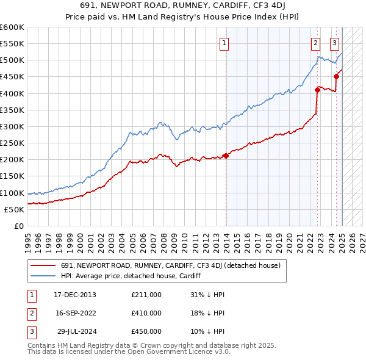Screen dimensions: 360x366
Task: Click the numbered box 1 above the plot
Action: (224, 43)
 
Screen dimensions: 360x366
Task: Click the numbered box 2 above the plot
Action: (315, 43)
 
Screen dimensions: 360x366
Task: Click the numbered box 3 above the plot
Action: (335, 43)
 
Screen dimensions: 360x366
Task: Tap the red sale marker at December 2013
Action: (226, 156)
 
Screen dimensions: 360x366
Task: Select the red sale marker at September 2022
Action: (317, 90)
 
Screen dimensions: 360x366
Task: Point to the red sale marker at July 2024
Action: (336, 76)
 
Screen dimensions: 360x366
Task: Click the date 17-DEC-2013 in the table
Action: (75, 295)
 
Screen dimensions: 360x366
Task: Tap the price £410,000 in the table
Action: (146, 313)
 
